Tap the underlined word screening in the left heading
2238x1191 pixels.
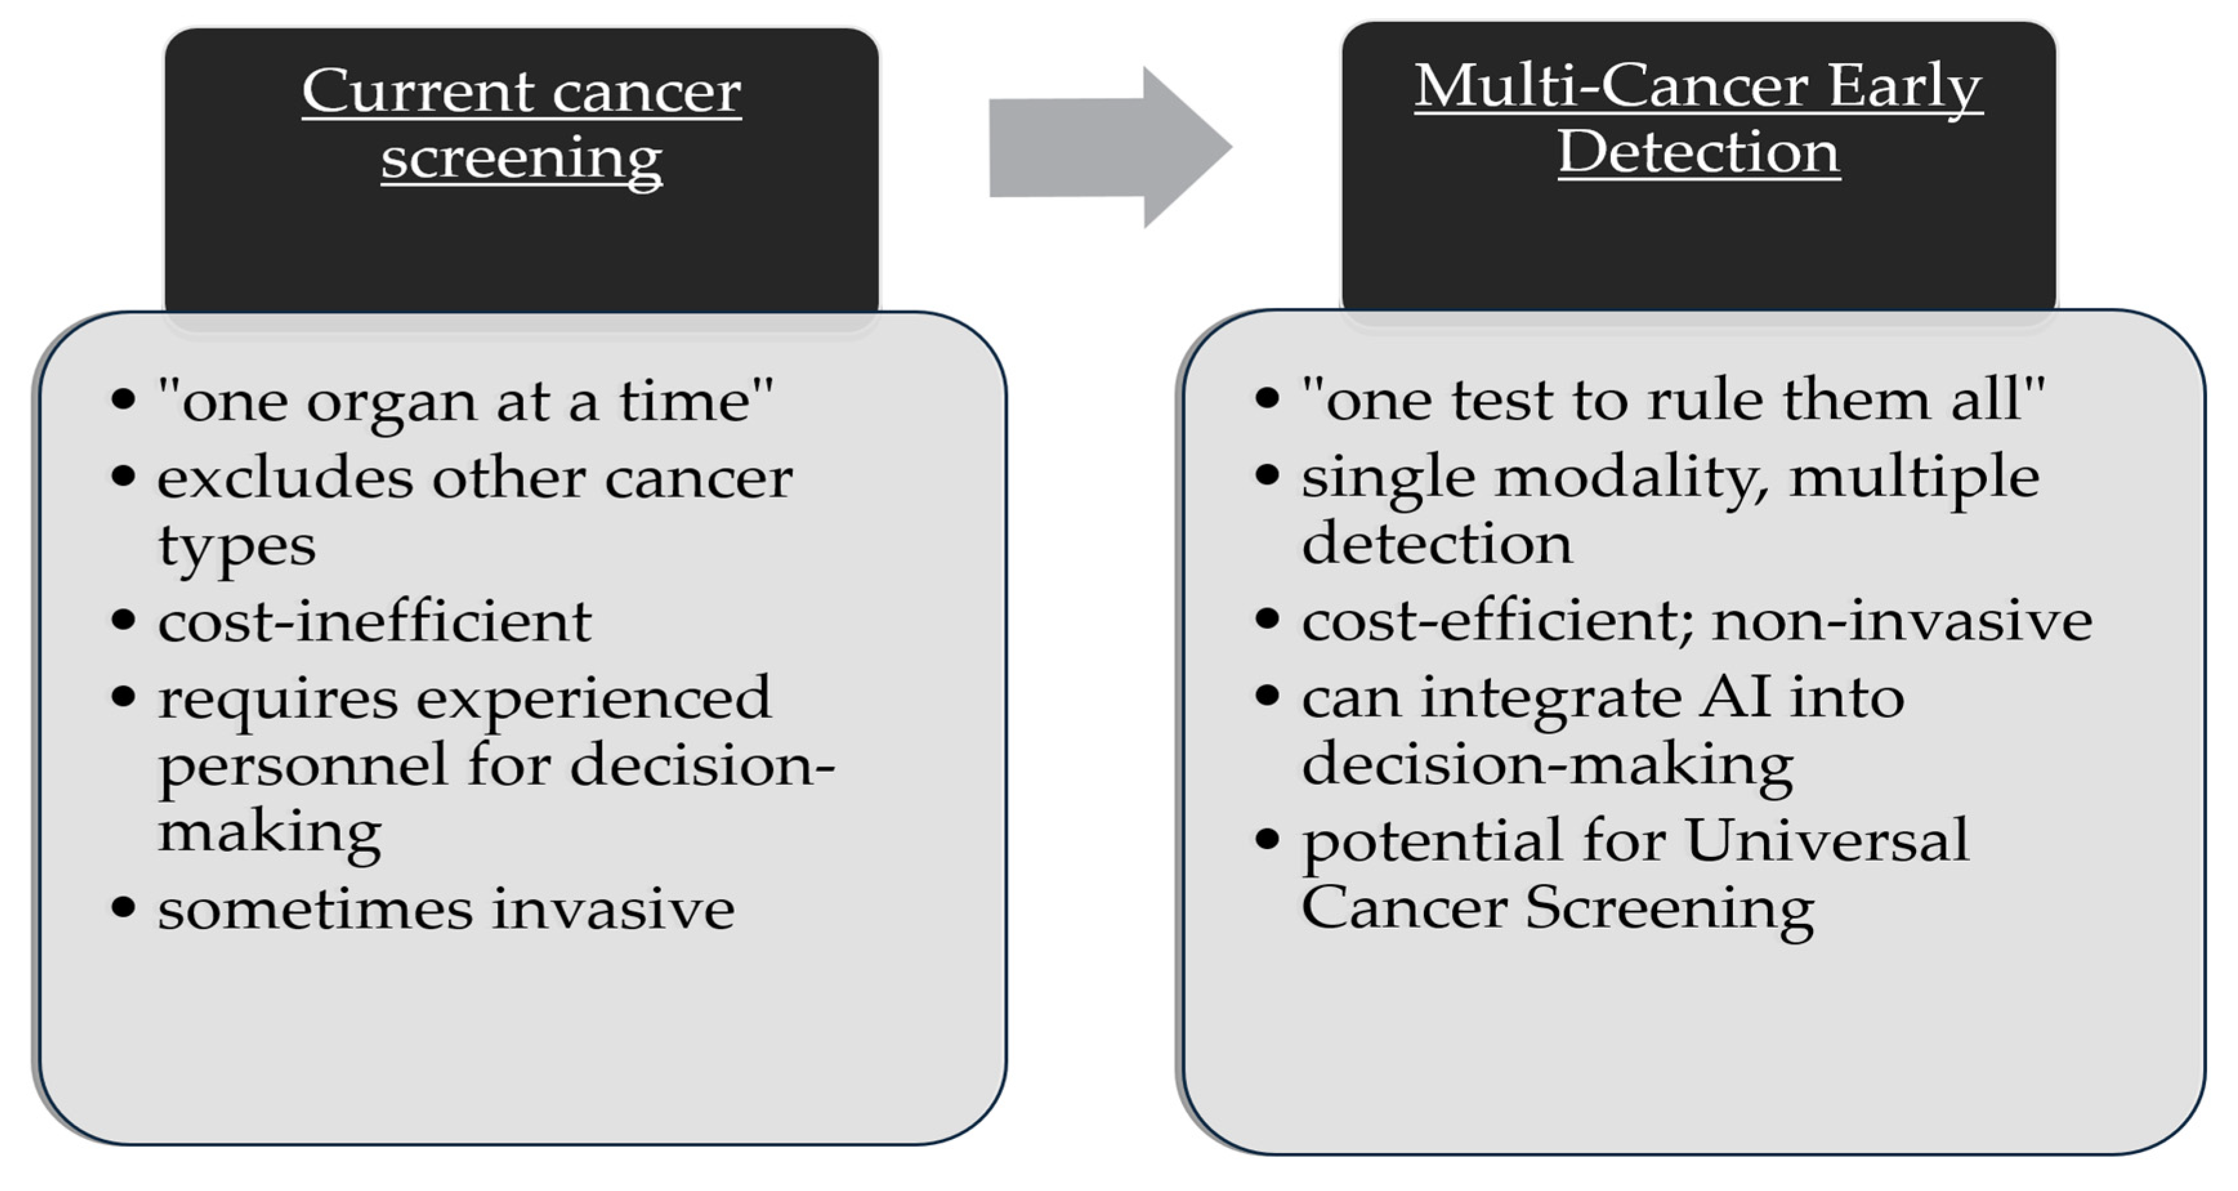(x=521, y=159)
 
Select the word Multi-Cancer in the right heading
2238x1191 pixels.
(x=1611, y=86)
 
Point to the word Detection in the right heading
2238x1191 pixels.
(x=1698, y=153)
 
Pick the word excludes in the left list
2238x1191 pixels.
(x=285, y=478)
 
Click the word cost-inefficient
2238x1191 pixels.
(x=374, y=622)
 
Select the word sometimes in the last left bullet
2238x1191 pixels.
(x=314, y=910)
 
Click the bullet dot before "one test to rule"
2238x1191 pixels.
(x=1267, y=399)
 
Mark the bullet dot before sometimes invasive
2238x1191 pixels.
(x=124, y=908)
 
